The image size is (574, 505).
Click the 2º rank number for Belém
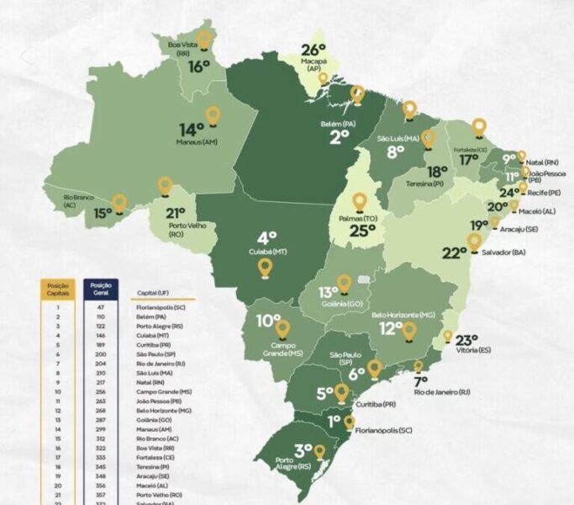339,137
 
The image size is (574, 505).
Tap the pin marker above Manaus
213,115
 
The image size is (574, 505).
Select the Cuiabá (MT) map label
267,250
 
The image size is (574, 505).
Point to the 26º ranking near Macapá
313,50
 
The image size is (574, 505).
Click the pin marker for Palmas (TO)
360,202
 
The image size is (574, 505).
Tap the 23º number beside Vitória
466,340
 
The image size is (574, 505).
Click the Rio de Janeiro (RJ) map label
436,391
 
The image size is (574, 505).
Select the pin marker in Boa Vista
204,38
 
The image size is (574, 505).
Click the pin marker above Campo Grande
282,327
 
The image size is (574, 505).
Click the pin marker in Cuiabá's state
266,268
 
